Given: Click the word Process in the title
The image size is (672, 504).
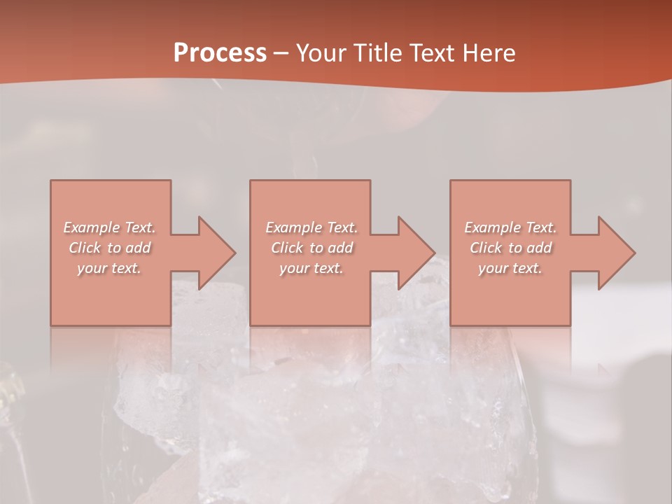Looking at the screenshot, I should [x=220, y=53].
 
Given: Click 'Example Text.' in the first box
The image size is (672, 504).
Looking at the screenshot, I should [x=109, y=227].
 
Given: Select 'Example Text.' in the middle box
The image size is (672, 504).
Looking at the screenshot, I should [x=311, y=227].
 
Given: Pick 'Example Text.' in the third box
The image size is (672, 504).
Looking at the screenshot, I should [x=510, y=227].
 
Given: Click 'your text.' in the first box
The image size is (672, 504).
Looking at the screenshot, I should [x=109, y=268].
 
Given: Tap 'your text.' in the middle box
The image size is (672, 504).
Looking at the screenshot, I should [x=311, y=268].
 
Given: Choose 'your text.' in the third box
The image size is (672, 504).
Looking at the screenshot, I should [x=510, y=268].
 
